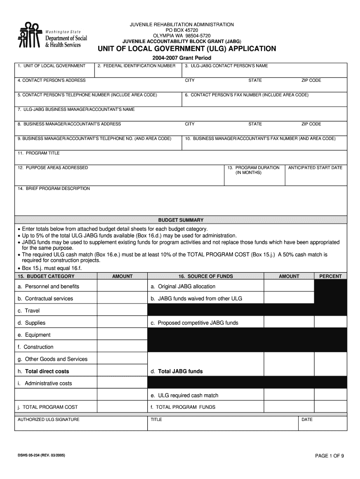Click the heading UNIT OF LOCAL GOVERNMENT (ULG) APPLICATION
coord(187,49)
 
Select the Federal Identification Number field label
coord(137,66)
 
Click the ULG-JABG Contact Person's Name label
coord(226,66)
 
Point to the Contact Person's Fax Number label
coord(246,95)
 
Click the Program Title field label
coord(38,153)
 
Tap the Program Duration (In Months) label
coord(253,170)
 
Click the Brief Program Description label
coord(53,189)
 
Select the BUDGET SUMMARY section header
coord(180,220)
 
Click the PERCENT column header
coord(330,276)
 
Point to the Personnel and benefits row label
coord(49,286)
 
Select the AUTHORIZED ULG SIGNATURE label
coord(48,420)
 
